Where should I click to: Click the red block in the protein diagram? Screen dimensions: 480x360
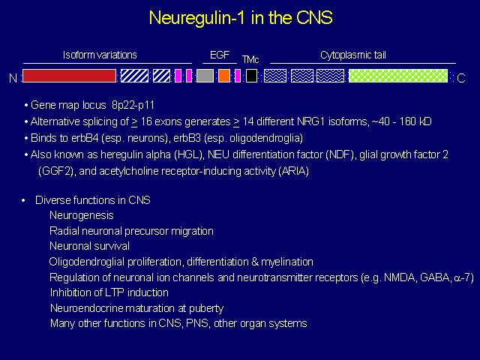tap(70, 76)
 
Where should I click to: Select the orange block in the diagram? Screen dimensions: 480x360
tap(224, 76)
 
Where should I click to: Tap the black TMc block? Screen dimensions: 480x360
tap(252, 76)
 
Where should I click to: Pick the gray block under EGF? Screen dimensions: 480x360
tap(205, 76)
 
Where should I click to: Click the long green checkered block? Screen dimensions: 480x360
tap(398, 76)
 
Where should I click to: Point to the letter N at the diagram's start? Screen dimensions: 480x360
tap(13, 78)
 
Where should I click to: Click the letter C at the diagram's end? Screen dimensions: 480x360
tap(461, 78)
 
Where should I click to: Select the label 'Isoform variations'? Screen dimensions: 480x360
tap(100, 55)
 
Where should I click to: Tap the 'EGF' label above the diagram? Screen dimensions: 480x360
tap(220, 55)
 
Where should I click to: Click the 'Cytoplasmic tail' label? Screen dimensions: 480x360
tap(353, 55)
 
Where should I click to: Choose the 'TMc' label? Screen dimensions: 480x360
tap(250, 59)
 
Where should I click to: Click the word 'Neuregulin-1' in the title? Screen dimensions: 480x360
tap(197, 17)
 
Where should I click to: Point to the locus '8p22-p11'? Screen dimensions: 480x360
tap(133, 105)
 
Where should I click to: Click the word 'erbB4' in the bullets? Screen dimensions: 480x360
tap(85, 138)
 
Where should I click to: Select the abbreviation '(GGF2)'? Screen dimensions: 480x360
tap(56, 171)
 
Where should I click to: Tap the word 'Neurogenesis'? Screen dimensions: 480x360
tap(82, 215)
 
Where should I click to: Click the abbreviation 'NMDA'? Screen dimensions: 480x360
tap(400, 277)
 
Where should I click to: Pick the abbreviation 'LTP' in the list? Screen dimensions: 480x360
tap(115, 292)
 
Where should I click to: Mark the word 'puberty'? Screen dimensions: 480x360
tap(206, 308)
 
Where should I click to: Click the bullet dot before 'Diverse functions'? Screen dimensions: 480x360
tap(23, 201)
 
